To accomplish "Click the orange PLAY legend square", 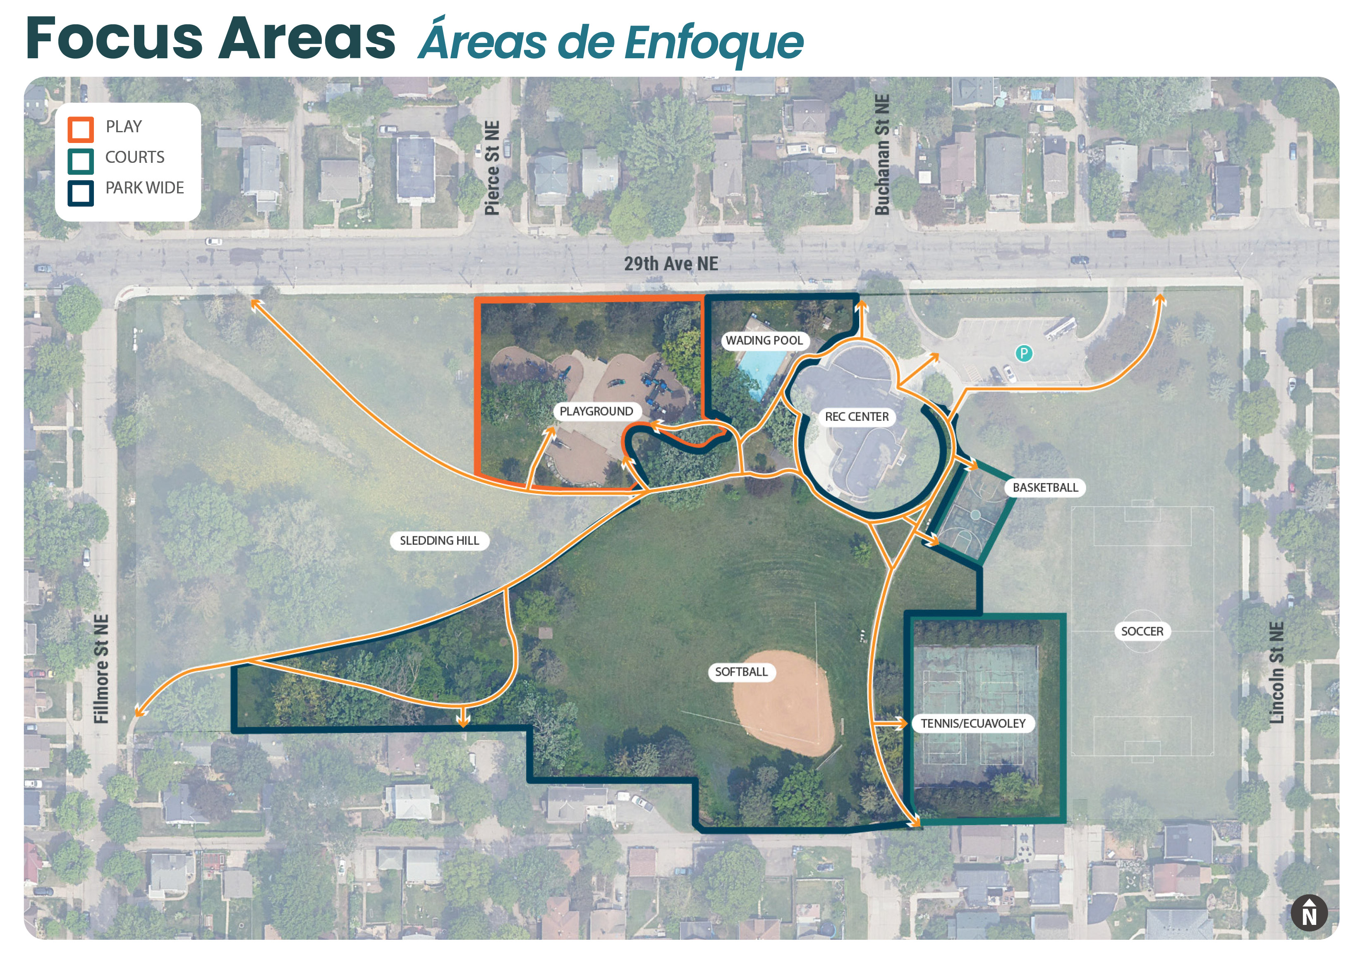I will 80,129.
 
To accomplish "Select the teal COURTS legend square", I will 80,160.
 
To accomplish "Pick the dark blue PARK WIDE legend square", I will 80,193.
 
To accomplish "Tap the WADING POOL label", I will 764,341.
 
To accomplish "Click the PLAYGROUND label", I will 596,411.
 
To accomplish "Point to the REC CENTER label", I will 856,417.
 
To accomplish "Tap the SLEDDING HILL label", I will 439,541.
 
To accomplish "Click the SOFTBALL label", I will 741,672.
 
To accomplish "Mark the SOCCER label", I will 1142,631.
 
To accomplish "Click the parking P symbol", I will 1023,353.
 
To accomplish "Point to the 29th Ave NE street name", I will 671,264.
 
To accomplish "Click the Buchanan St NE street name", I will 882,155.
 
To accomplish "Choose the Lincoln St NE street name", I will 1276,672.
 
